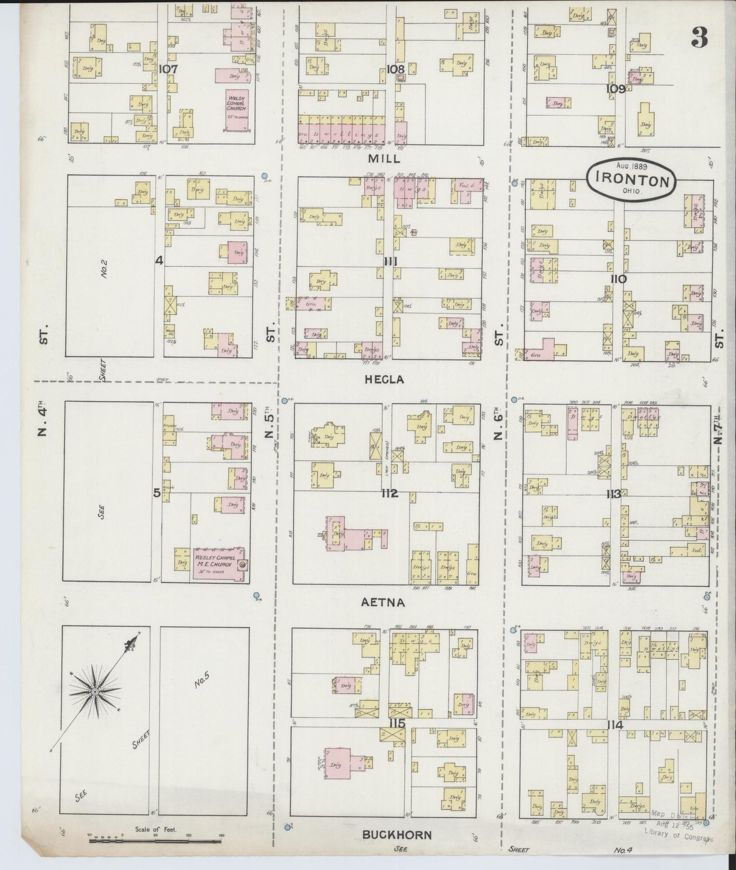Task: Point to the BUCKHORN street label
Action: tap(397, 835)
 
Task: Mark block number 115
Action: tap(396, 723)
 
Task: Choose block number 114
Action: tap(615, 726)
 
